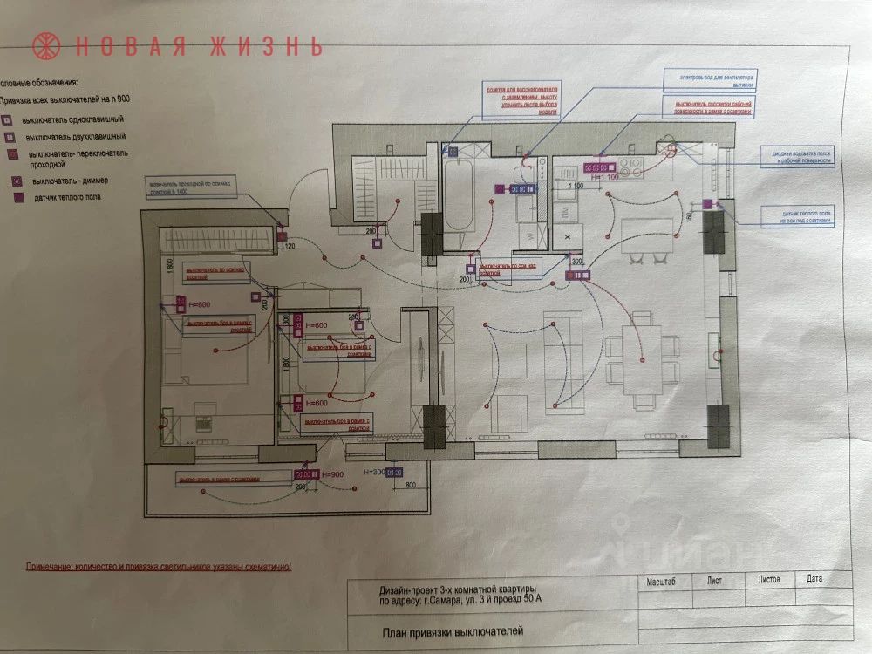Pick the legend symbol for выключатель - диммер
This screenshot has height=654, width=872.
tap(16, 181)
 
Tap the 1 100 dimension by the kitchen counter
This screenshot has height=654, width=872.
tap(576, 185)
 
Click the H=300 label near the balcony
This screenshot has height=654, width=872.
tap(372, 473)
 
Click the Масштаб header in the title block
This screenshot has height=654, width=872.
tap(663, 579)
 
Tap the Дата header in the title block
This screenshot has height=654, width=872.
tap(814, 578)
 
